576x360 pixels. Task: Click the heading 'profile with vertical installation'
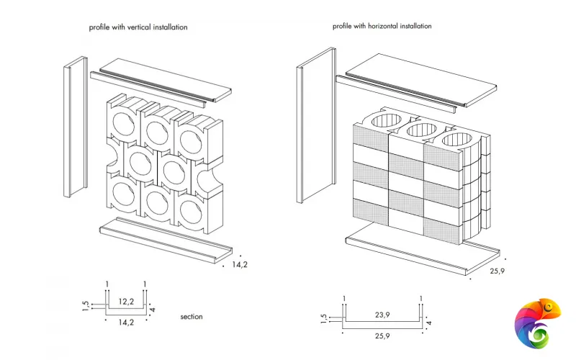pyautogui.click(x=138, y=27)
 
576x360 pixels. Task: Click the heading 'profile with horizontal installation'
pyautogui.click(x=382, y=26)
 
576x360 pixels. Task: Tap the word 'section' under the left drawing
pyautogui.click(x=192, y=317)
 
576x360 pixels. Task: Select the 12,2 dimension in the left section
pyautogui.click(x=126, y=302)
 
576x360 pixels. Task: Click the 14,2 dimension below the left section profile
pyautogui.click(x=126, y=323)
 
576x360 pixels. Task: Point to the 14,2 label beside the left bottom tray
pyautogui.click(x=240, y=265)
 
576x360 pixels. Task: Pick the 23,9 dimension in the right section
pyautogui.click(x=382, y=314)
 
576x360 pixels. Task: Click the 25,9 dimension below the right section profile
pyautogui.click(x=382, y=336)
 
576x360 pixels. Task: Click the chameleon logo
pyautogui.click(x=537, y=325)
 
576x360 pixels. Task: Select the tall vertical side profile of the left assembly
pyautogui.click(x=75, y=130)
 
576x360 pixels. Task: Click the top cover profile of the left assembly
pyautogui.click(x=162, y=79)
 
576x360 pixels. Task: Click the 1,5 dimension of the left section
pyautogui.click(x=85, y=307)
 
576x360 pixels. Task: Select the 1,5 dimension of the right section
pyautogui.click(x=324, y=319)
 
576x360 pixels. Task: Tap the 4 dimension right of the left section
pyautogui.click(x=153, y=310)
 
